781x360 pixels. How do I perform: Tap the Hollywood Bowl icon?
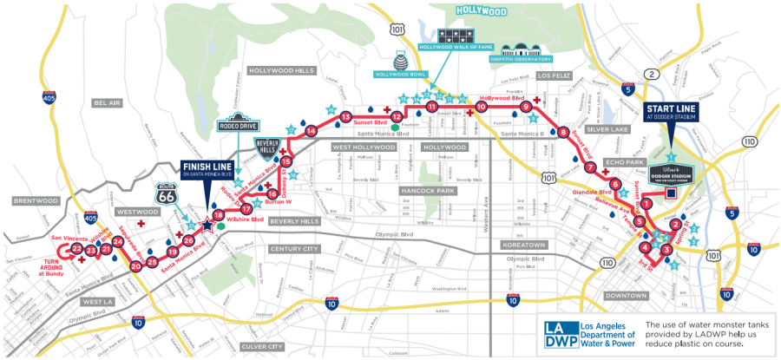(402, 62)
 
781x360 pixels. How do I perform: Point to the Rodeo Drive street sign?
(238, 125)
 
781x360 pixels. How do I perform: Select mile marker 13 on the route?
(345, 117)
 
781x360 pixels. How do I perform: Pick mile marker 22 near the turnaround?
(77, 249)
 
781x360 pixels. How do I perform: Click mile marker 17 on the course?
(246, 209)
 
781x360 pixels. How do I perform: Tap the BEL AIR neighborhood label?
(105, 102)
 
